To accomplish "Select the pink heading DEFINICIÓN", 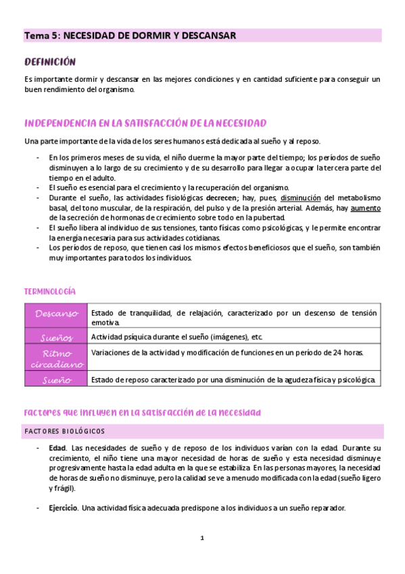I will click(49, 62).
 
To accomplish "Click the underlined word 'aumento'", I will click(365, 208).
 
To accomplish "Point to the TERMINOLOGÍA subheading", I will click(49, 291).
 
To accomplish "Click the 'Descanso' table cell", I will click(57, 313).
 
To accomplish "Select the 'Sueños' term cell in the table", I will click(57, 336).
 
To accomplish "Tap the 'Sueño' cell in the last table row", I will click(57, 380).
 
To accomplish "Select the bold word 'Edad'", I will click(57, 448).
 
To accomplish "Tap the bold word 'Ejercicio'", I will click(63, 508).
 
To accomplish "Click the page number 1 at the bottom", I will click(201, 538).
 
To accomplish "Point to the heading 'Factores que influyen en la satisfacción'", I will click(142, 412).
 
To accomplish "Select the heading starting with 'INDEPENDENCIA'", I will click(145, 123).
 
